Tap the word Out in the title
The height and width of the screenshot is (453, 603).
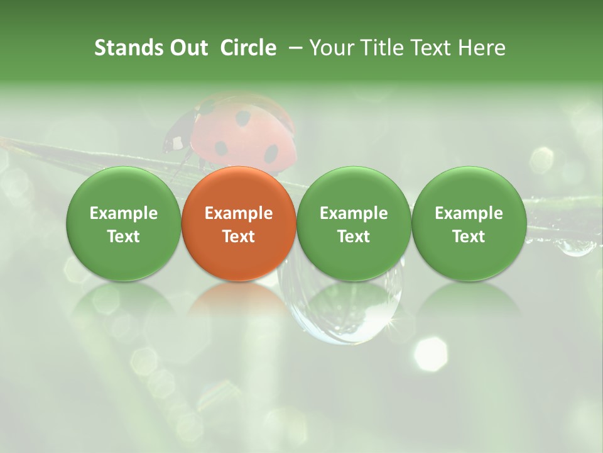[187, 48]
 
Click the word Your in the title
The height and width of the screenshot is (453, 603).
[331, 48]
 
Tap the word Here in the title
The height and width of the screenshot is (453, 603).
[482, 48]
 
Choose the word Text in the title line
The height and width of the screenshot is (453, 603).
[430, 48]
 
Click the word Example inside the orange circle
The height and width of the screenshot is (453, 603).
[239, 213]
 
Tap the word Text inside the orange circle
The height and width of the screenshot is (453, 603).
[239, 237]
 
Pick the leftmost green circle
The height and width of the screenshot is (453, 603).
[124, 223]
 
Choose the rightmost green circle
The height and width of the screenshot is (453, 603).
[469, 223]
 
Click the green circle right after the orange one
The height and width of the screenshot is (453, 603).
[354, 223]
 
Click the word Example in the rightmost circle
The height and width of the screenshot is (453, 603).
[469, 213]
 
